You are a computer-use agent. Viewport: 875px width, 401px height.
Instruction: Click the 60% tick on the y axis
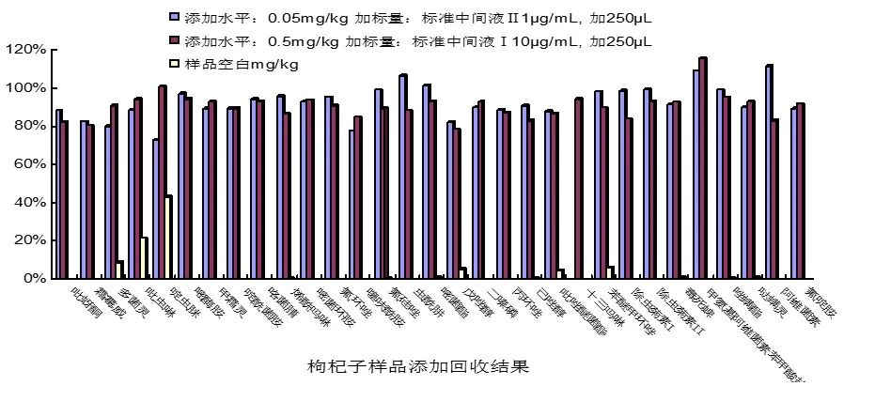(27, 163)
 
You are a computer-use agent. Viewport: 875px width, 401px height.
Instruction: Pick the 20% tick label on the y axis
(27, 240)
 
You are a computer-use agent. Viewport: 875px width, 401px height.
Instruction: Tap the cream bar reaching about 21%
(144, 258)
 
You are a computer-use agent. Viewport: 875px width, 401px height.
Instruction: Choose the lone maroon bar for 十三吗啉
(578, 188)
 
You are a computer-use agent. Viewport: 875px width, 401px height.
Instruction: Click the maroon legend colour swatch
(173, 41)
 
